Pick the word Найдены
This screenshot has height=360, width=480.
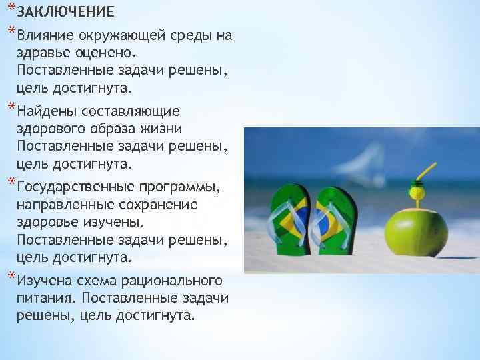(x=46, y=111)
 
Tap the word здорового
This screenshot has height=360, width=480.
(x=54, y=128)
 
